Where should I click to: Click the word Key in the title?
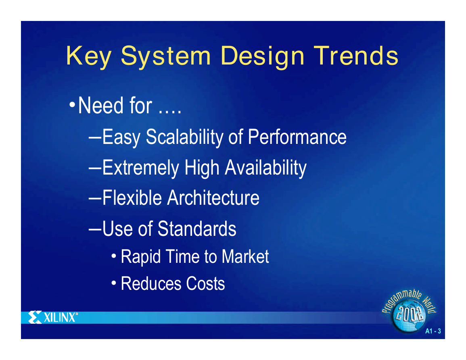click(x=89, y=56)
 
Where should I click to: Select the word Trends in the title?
click(x=356, y=56)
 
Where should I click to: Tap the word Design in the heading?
click(x=262, y=56)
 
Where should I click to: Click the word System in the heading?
click(x=166, y=56)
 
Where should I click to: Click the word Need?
click(x=101, y=105)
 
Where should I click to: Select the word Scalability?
click(x=184, y=137)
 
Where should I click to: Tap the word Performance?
click(x=297, y=137)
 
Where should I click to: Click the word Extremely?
click(x=140, y=168)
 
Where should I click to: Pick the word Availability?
click(x=265, y=168)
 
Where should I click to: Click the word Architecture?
click(x=213, y=198)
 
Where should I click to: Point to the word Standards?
click(x=197, y=229)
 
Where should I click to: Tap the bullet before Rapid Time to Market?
click(x=114, y=256)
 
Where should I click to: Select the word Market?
click(x=245, y=256)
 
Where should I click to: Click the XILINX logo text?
click(x=59, y=318)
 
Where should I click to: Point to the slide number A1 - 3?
click(x=433, y=331)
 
